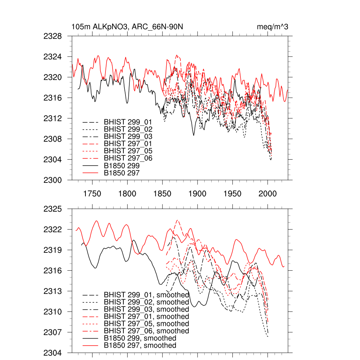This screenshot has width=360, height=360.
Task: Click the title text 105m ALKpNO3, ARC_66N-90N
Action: (127, 27)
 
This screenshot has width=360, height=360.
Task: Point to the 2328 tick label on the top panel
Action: (53, 36)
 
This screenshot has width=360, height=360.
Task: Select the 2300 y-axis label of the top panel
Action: (53, 180)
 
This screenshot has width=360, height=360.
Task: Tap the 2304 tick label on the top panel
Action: (53, 160)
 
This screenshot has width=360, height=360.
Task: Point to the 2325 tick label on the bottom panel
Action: (53, 209)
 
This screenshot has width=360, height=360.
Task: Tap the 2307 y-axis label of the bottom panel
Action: (53, 332)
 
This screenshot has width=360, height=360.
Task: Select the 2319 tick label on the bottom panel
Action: (53, 250)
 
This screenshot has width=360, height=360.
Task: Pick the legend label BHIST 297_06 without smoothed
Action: (128, 158)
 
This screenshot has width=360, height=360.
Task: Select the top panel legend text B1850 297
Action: (122, 173)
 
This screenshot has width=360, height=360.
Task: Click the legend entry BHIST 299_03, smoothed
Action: (146, 309)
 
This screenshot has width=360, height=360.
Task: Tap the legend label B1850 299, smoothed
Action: (140, 338)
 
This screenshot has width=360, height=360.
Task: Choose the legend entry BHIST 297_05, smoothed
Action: (146, 324)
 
